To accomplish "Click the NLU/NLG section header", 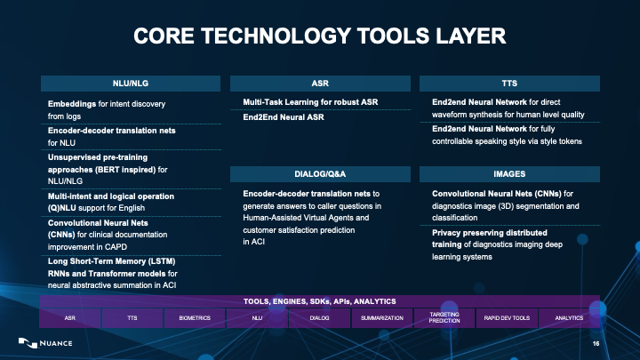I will (x=131, y=83).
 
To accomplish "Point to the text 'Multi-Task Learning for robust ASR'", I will (x=310, y=102).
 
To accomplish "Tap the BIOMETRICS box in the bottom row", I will (x=195, y=317).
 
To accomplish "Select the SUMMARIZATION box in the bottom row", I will (x=383, y=317).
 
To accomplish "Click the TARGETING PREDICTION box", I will (x=444, y=317).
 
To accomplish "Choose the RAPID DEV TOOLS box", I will (x=507, y=317).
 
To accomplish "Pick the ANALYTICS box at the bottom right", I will (x=569, y=317).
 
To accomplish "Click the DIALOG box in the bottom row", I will (x=320, y=317).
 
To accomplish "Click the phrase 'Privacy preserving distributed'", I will (x=489, y=234).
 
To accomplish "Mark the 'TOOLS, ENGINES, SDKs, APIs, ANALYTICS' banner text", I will (x=319, y=302).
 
